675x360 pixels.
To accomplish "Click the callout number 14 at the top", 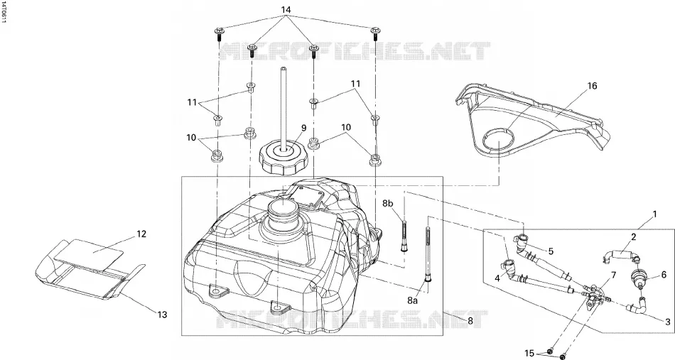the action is [x=286, y=9].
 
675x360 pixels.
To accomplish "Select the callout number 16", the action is [x=593, y=86].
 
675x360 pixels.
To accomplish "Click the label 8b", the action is [x=387, y=203].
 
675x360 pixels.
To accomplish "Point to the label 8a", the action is [x=412, y=300].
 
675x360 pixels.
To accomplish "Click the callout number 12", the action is [x=141, y=234].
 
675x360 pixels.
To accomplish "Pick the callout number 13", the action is [x=161, y=315].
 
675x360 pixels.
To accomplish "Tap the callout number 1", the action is [x=655, y=214].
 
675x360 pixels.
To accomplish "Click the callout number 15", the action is [x=529, y=354].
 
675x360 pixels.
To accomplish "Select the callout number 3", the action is [x=668, y=322].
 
